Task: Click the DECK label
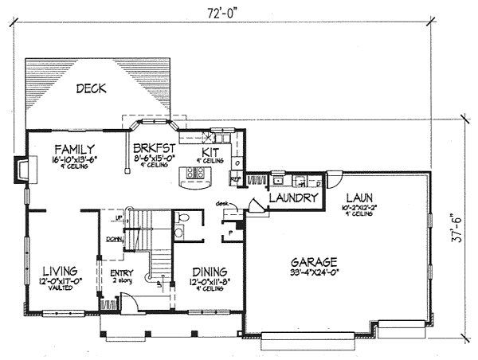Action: click(92, 88)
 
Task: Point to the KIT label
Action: click(210, 151)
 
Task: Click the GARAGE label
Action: click(313, 261)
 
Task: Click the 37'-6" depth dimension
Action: click(455, 227)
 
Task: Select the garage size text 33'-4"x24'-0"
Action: click(313, 272)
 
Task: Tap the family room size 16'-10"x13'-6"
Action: click(74, 158)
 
